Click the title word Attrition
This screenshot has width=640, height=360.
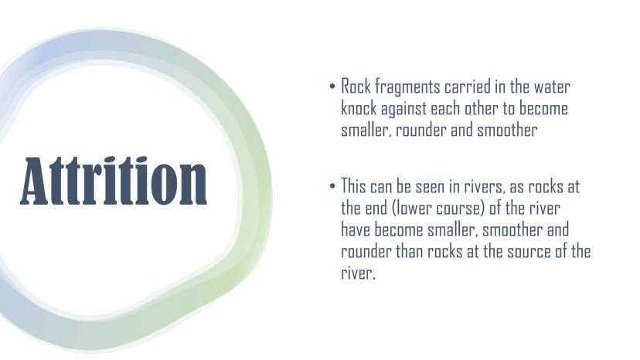coord(114,181)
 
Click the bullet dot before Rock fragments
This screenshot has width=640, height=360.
coord(332,87)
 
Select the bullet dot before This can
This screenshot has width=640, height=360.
coord(332,186)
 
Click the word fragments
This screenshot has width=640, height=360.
coord(407,87)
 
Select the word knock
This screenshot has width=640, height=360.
coord(359,108)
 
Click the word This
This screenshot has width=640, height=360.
coord(353,186)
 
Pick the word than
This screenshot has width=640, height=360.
coord(410,251)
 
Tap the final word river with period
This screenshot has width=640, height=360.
coord(358,273)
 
